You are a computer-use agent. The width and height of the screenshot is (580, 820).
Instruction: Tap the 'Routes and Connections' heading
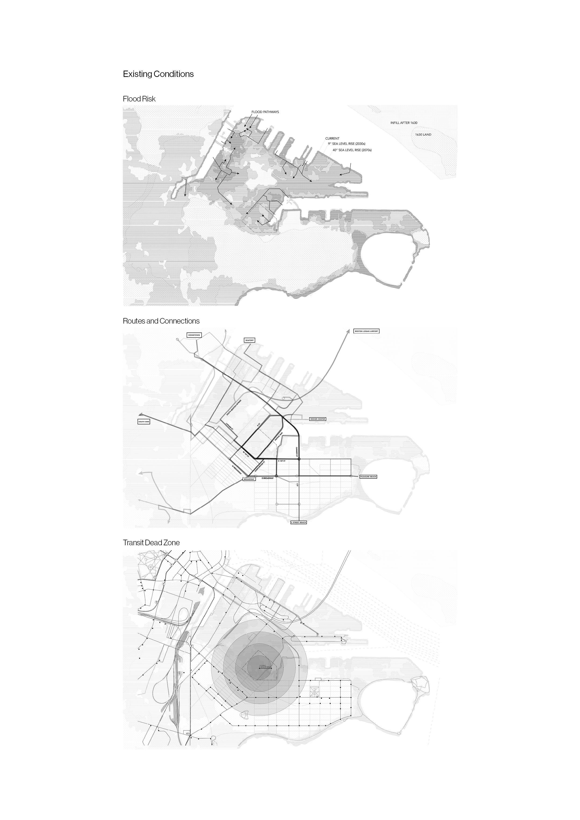tap(161, 321)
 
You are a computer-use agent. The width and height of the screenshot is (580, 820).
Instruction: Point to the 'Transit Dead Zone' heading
tap(151, 542)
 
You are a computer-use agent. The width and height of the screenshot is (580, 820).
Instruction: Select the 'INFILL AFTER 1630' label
tap(403, 123)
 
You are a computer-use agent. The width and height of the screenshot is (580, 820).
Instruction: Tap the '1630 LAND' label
tap(423, 135)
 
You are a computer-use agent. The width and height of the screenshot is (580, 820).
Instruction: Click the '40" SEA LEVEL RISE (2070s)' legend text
tap(352, 150)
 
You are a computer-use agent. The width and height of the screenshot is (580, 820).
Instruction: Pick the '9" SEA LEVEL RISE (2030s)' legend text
tap(346, 144)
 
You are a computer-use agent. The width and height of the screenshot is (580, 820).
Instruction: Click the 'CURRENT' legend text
tap(332, 138)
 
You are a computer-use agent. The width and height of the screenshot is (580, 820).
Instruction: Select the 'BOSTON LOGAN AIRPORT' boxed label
tap(366, 331)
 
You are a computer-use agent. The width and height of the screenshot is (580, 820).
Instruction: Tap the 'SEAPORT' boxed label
tap(249, 340)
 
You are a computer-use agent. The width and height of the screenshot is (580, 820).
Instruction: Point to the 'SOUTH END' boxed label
tap(144, 422)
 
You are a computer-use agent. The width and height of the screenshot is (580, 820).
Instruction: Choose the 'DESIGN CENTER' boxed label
tap(317, 419)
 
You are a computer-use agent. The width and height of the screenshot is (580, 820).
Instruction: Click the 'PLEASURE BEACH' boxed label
tap(368, 477)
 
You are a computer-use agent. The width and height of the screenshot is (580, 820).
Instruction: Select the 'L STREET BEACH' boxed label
tap(298, 522)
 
